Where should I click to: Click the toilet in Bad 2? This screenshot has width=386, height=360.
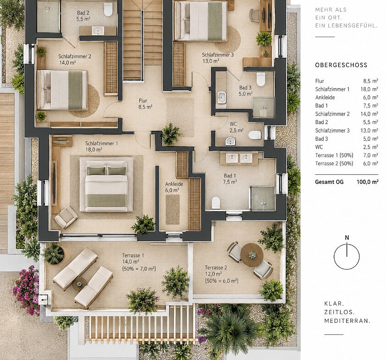108,9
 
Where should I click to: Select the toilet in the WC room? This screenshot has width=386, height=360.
254,135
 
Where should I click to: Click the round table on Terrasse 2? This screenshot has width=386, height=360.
252,255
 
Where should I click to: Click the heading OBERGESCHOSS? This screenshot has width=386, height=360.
341,65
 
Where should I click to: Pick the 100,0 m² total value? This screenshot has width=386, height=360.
367,182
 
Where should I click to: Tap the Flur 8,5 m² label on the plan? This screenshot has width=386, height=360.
145,104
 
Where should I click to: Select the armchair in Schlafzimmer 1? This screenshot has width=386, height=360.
66,217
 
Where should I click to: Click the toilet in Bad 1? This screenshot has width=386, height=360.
215,203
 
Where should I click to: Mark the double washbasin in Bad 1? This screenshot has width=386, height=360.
239,158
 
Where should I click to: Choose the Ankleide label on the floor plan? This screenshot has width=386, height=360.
174,184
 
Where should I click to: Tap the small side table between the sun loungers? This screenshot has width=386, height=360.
79,284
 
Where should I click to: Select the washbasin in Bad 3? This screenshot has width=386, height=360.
221,98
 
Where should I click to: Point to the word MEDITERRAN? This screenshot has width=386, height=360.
347,321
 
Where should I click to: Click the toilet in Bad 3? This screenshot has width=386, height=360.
261,79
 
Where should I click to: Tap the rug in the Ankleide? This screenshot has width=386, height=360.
172,210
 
